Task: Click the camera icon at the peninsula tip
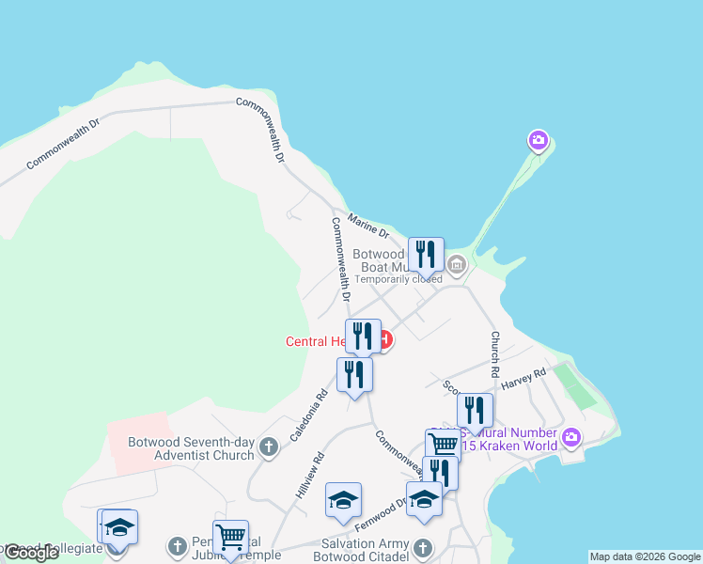pos(538,141)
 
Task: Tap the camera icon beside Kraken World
pos(571,437)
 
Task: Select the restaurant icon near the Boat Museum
pos(426,255)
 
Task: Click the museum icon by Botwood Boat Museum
pos(457,265)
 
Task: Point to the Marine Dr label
pos(367,225)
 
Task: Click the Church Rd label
pos(492,349)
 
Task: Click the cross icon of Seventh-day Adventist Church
pos(269,447)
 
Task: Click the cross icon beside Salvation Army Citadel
pos(423,547)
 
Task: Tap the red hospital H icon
pos(385,338)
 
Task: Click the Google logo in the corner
pos(30,552)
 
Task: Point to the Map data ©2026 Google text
pos(645,556)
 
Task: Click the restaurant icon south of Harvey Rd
pos(476,411)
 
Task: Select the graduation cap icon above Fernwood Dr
pos(343,500)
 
